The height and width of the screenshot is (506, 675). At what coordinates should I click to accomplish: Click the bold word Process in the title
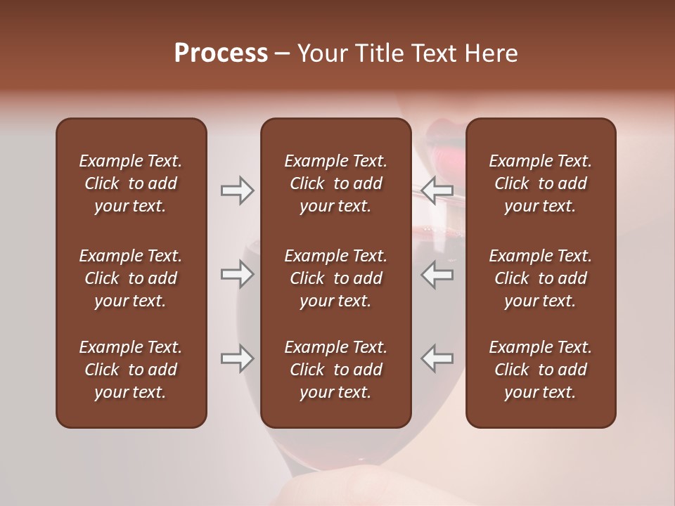pos(221,53)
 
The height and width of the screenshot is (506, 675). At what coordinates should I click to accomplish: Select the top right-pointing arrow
pos(237,190)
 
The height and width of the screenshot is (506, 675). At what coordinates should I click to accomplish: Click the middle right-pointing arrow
pos(237,274)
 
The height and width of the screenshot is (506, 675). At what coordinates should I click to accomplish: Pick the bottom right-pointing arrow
pos(237,358)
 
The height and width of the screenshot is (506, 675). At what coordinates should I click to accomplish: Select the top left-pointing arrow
pos(437,190)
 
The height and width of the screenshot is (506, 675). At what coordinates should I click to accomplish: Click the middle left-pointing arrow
pos(437,274)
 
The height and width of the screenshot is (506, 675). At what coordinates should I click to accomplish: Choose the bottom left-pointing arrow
pos(437,358)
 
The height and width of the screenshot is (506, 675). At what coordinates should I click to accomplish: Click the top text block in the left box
pos(131,183)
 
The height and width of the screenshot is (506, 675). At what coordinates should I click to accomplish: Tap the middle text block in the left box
pos(131,278)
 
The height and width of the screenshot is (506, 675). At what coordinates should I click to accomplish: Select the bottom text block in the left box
pos(131,370)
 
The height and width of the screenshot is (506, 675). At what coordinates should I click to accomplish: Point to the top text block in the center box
pos(335,183)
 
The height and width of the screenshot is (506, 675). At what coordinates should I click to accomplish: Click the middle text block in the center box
pos(335,278)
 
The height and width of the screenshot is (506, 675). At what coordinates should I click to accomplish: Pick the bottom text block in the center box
pos(335,370)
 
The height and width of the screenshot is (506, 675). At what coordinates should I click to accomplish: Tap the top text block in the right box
pos(540,183)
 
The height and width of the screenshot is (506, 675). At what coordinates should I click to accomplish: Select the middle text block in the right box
pos(540,278)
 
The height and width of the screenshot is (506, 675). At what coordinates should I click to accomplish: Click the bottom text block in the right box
pos(540,370)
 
